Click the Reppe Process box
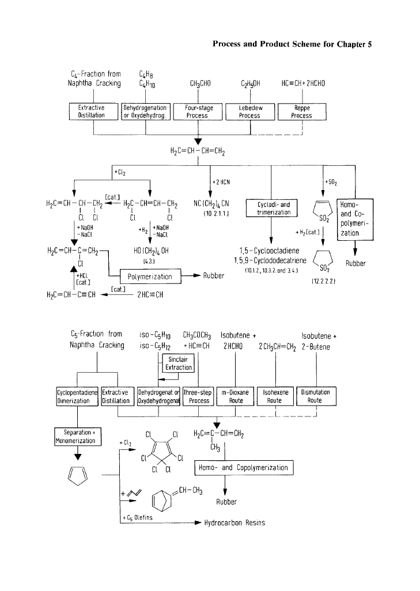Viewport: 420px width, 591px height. click(x=301, y=112)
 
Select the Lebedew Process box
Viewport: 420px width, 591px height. click(x=249, y=112)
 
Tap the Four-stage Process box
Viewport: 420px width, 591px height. click(x=197, y=112)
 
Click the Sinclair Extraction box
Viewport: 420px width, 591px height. click(x=178, y=363)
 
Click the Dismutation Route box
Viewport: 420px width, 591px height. click(x=315, y=396)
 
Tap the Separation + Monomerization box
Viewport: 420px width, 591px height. click(x=78, y=436)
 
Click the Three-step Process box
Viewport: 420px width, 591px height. click(x=198, y=396)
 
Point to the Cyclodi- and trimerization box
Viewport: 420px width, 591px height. click(x=271, y=208)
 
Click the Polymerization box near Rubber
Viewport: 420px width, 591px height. click(x=150, y=276)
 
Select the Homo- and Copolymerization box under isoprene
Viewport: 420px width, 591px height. click(x=245, y=468)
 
